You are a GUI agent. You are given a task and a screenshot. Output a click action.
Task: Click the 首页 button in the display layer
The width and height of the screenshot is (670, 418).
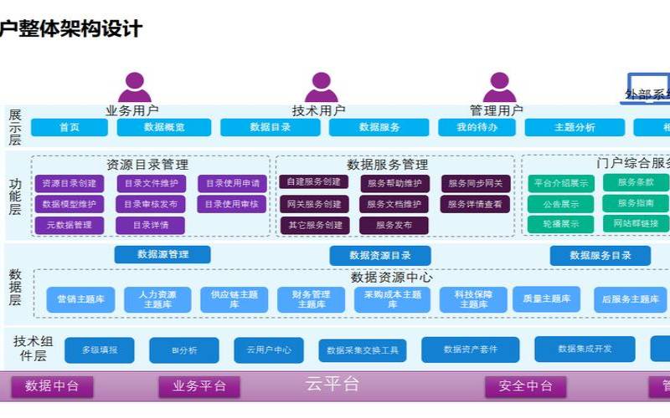[x=70, y=127]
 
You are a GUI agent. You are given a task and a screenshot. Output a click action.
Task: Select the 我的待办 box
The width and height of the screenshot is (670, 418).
[x=477, y=127]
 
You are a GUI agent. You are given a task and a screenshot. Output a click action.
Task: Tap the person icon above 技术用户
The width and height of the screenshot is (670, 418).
[x=321, y=87]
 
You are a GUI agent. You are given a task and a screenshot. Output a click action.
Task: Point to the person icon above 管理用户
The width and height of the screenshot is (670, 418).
[x=499, y=87]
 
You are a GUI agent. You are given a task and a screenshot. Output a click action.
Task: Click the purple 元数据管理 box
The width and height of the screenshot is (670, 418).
[x=70, y=225]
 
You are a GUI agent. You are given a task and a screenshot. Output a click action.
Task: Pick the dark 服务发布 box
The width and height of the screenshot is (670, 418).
[x=394, y=225]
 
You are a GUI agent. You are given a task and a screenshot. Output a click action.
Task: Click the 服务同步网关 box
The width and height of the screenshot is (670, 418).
[x=476, y=183]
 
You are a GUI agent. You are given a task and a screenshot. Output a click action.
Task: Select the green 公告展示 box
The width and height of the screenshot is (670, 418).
[x=560, y=203]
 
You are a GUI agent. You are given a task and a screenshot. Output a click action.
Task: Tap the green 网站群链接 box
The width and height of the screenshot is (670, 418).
[x=636, y=223]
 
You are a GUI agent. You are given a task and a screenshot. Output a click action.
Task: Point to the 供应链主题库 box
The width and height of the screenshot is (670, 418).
[x=234, y=299]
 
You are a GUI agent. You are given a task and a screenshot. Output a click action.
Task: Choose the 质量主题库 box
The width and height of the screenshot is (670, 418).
[x=546, y=298]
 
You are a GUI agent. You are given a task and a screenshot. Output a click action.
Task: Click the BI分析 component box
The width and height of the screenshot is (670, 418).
[x=184, y=350]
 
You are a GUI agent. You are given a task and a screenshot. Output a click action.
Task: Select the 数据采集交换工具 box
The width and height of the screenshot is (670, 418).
[x=363, y=350]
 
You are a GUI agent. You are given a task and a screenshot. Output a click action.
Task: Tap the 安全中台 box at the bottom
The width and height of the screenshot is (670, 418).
[x=525, y=386]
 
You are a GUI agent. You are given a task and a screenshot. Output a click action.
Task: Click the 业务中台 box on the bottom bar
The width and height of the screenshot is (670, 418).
[x=199, y=386]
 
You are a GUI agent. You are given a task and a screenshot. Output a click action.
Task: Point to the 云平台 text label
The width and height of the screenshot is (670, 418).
[x=332, y=385]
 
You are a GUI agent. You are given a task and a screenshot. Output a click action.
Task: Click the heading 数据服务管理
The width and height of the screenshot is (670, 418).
[x=387, y=165]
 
